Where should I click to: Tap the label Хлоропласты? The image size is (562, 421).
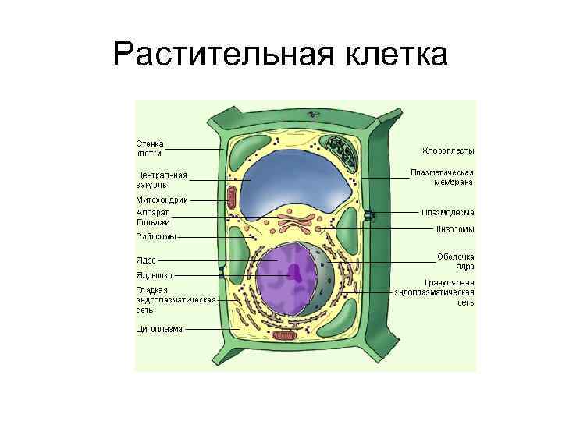pos(448,150)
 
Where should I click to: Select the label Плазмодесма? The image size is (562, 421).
pos(447,211)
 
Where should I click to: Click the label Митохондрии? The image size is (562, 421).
pos(162,200)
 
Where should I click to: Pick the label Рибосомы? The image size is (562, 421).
pos(156,236)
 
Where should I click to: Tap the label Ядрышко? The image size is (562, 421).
pos(155,274)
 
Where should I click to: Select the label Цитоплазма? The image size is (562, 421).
pos(159,329)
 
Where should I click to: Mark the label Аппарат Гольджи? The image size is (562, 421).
pos(153,217)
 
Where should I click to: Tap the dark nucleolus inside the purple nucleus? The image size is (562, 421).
pos(296,271)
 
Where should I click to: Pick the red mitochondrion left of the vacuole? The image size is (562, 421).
pos(231,196)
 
